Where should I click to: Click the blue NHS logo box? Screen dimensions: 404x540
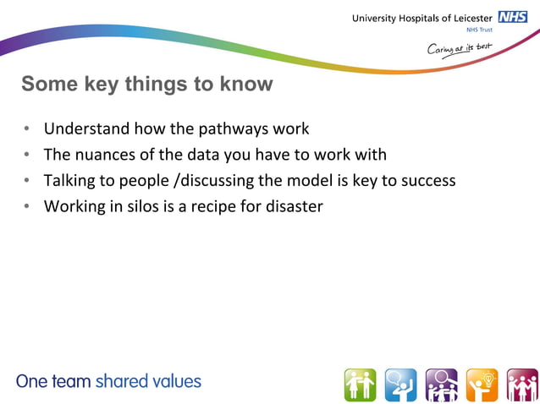(x=513, y=17)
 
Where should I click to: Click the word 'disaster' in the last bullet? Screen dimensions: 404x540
(x=293, y=205)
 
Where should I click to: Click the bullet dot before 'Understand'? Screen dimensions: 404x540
(x=27, y=129)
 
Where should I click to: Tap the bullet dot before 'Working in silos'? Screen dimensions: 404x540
(x=27, y=205)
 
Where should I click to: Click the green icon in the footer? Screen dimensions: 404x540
(x=360, y=385)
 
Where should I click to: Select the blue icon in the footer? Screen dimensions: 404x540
(x=400, y=385)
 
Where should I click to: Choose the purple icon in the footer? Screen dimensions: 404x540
(x=441, y=385)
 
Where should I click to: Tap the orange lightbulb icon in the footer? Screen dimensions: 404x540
(x=482, y=385)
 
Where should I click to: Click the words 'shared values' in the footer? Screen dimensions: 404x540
(x=148, y=381)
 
